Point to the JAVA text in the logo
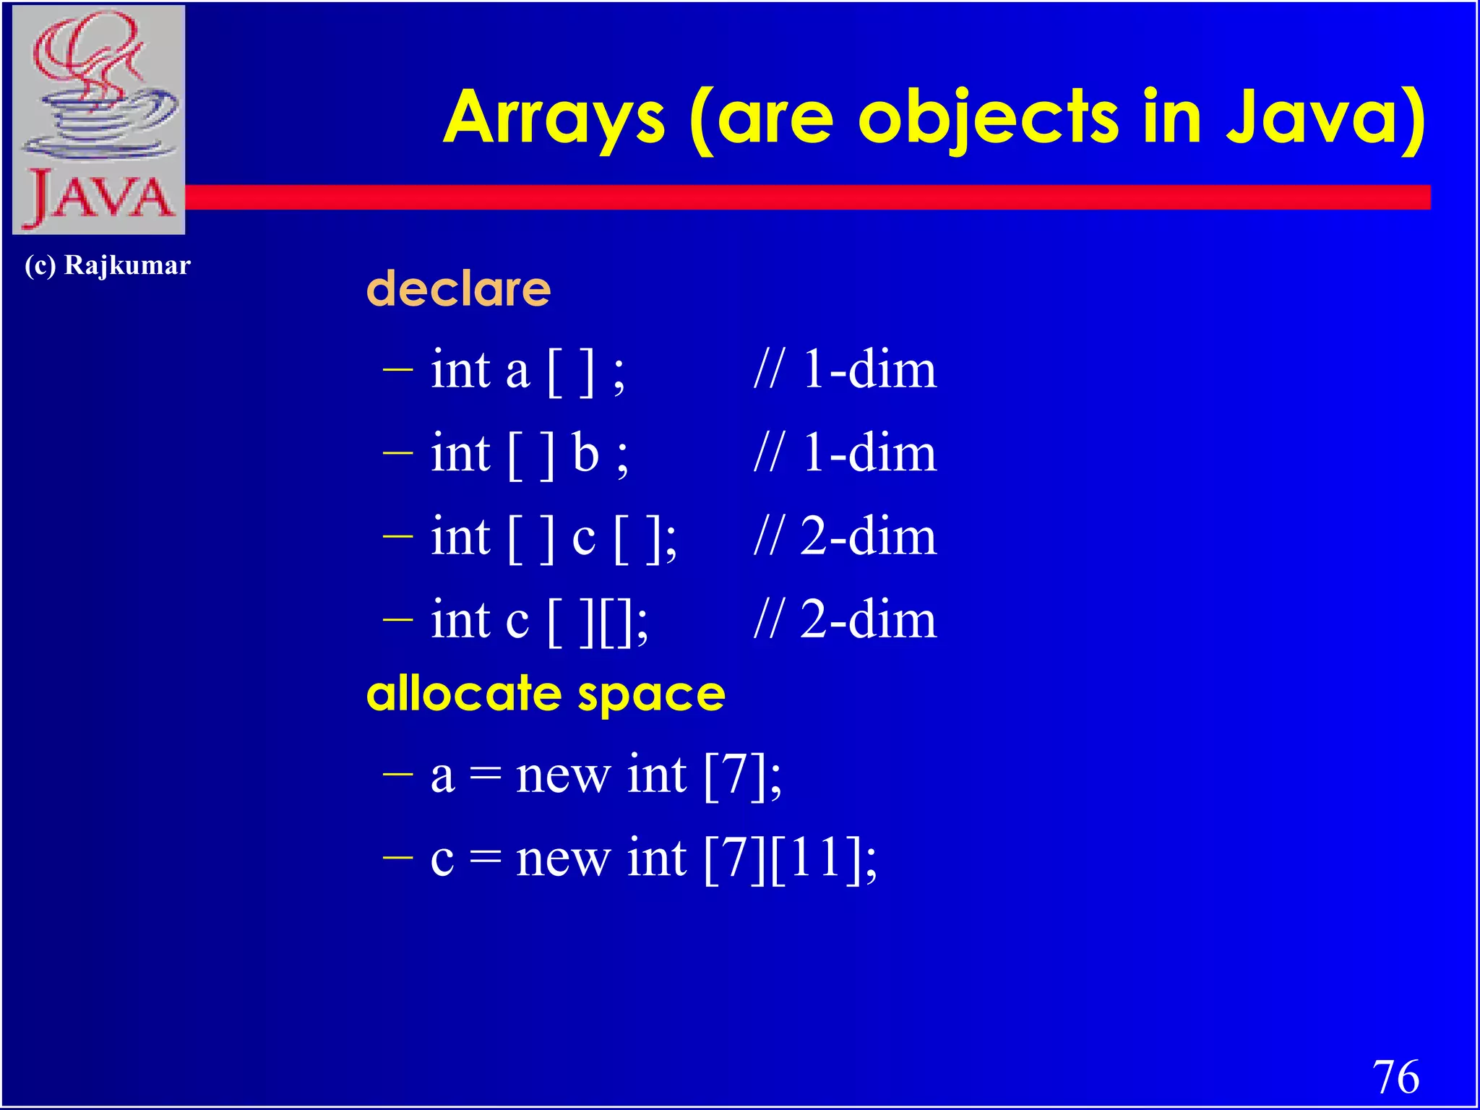(x=100, y=199)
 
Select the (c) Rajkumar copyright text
(x=107, y=265)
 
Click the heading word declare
(x=458, y=288)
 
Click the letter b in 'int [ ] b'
(x=585, y=454)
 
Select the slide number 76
(x=1395, y=1077)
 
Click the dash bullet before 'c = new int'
(x=397, y=858)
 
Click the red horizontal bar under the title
(x=795, y=197)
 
